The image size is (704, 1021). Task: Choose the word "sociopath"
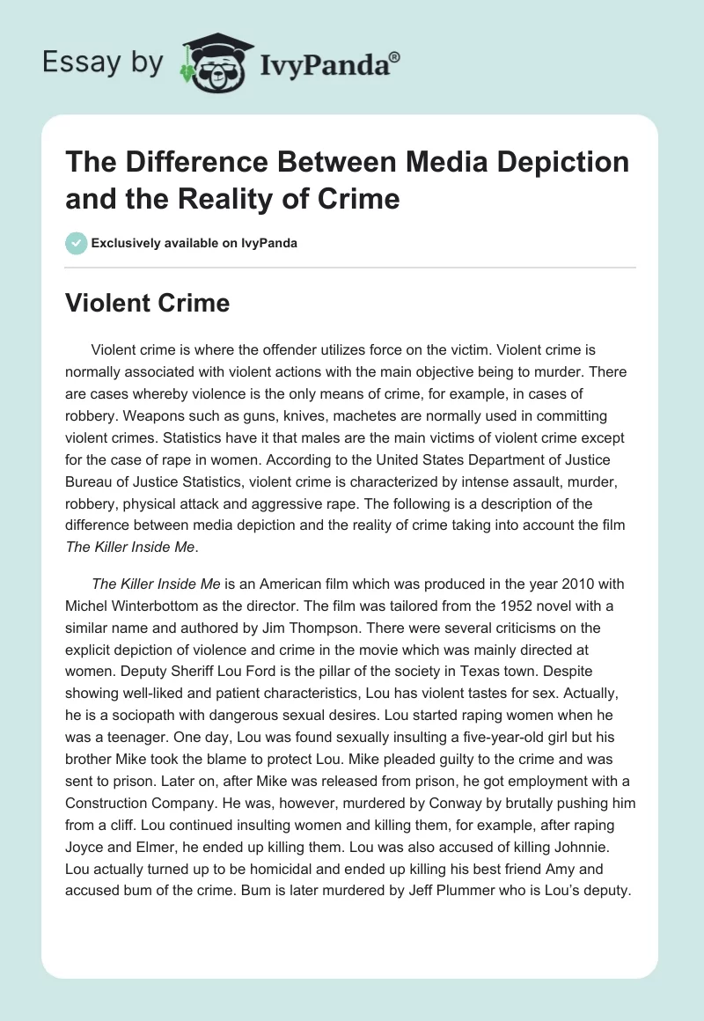pos(142,711)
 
